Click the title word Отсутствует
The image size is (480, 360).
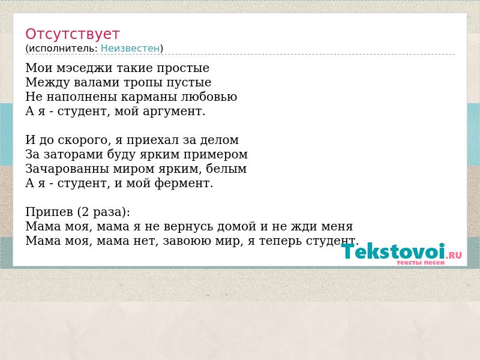[x=72, y=34]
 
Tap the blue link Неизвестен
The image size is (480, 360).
[x=130, y=49]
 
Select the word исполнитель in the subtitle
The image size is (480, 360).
[x=63, y=49]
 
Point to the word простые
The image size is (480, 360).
[x=183, y=68]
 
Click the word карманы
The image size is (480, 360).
[x=148, y=97]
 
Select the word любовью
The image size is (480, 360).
[x=208, y=97]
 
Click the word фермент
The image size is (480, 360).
[x=184, y=183]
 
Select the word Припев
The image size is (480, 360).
[x=49, y=212]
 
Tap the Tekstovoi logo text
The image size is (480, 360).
[x=393, y=251]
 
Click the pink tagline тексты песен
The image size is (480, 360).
[x=421, y=262]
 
